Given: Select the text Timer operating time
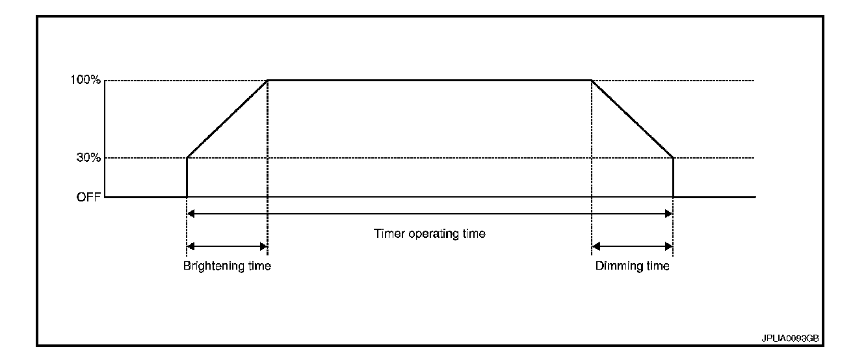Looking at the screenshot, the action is point(429,233).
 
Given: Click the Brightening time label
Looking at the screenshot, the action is point(226,266).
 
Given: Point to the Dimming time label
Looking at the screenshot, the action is point(632,266).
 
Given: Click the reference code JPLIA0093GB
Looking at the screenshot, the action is point(789,339).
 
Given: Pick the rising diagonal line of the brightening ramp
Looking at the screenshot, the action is point(227,119).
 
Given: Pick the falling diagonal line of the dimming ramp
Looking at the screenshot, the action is point(632,119).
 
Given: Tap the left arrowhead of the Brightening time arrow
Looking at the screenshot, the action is point(191,246).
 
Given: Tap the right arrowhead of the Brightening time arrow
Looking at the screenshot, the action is point(263,246).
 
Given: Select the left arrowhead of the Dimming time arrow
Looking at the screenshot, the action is point(596,246).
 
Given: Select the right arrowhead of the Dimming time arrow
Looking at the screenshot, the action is point(668,246).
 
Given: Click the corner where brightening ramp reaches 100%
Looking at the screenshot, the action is point(267,81).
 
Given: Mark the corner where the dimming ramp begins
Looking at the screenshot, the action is point(592,81).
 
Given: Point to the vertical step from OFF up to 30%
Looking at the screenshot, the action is point(187,177).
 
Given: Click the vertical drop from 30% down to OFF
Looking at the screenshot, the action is point(673,177).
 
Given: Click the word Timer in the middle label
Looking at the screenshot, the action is point(387,233).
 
